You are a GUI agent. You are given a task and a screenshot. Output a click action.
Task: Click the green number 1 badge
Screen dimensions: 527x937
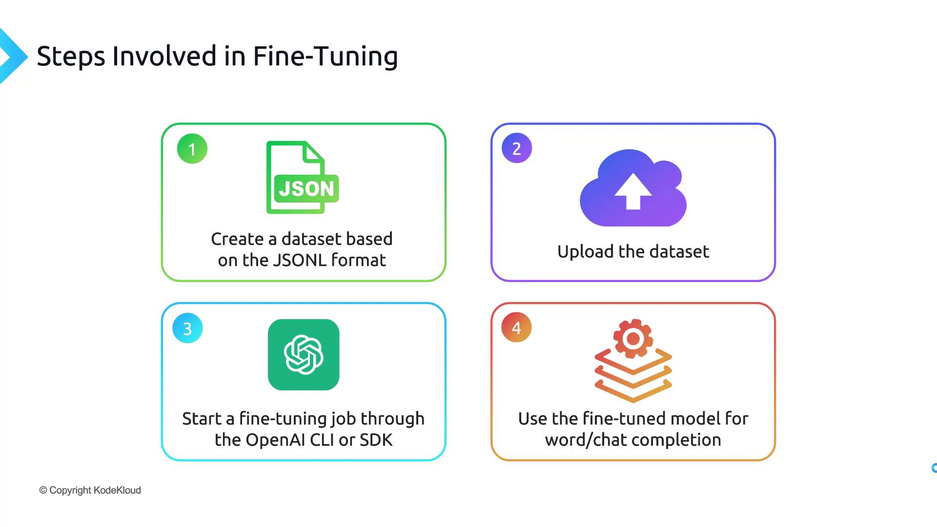click(192, 149)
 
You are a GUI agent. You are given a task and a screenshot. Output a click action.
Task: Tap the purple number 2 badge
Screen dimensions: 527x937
click(517, 148)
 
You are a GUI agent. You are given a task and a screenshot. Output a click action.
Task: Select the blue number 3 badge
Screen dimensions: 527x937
click(187, 328)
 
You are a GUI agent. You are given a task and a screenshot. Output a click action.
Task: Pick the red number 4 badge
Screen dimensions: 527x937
click(516, 327)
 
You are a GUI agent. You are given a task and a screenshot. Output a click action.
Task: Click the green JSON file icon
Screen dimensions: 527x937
click(302, 178)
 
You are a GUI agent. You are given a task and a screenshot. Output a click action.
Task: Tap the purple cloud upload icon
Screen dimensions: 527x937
click(633, 188)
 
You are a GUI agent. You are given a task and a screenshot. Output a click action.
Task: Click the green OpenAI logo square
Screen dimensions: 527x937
click(304, 355)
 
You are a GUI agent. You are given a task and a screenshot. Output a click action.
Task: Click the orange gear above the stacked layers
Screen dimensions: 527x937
click(633, 338)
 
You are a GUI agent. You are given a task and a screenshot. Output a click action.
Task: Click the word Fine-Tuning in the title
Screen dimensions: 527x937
click(325, 56)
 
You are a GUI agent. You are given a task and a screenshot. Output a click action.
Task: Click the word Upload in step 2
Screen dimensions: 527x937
click(585, 252)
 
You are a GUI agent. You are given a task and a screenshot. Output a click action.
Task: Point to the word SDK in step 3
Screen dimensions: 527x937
click(376, 440)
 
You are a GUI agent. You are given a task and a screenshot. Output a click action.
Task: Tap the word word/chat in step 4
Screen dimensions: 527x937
click(579, 440)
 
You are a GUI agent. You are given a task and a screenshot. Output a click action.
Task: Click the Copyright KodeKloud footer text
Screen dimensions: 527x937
click(90, 490)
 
